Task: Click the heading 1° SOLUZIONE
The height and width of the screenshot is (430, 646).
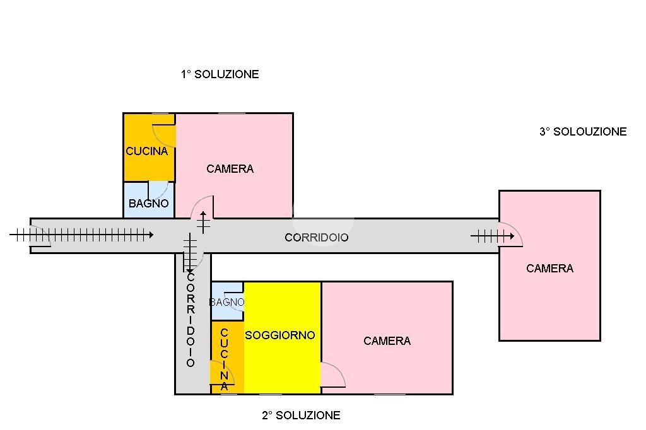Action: [220, 74]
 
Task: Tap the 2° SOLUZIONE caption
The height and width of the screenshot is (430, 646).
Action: [301, 415]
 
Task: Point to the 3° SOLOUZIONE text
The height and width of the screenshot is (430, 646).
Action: [583, 132]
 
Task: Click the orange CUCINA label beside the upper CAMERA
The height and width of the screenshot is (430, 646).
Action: [147, 151]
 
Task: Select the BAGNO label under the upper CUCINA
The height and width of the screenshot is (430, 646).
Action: [149, 204]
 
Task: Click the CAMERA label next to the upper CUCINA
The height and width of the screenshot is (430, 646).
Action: [230, 168]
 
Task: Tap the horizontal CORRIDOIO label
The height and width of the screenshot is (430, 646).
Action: [317, 238]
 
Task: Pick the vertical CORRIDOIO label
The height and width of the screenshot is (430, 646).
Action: [191, 320]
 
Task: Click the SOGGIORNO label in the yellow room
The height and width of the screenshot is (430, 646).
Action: [280, 335]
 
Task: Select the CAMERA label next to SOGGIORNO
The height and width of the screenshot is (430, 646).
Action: [387, 341]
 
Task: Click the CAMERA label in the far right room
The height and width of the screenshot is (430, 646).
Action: [550, 269]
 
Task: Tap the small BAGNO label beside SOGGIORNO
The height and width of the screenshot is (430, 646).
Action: [227, 303]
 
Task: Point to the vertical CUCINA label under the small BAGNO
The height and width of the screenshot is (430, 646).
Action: [225, 359]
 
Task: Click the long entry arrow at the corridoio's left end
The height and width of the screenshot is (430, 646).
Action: [82, 235]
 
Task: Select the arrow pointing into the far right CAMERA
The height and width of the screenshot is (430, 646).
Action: [492, 236]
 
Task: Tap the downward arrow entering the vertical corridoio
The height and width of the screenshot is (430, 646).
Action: [190, 252]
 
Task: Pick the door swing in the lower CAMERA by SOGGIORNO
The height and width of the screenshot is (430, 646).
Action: [332, 375]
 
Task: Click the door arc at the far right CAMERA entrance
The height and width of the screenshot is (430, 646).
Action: [511, 234]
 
